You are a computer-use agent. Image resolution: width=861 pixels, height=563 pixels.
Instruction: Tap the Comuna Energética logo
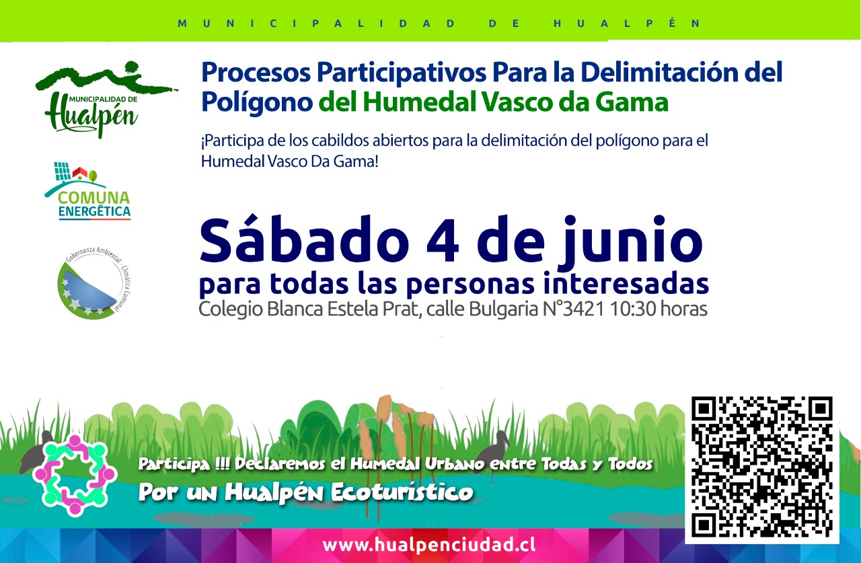click(x=88, y=191)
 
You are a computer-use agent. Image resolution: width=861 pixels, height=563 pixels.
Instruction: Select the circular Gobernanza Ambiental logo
click(x=95, y=282)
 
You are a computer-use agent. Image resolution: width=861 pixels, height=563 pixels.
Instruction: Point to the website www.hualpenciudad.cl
click(x=428, y=545)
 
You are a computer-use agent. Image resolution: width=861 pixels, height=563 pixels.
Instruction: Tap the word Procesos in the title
click(x=256, y=73)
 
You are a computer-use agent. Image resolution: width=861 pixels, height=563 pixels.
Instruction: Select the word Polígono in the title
click(x=257, y=104)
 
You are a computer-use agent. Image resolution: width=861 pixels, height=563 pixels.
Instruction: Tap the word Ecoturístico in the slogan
click(x=402, y=492)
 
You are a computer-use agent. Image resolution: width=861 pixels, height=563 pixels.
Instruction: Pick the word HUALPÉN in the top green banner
click(x=627, y=23)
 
